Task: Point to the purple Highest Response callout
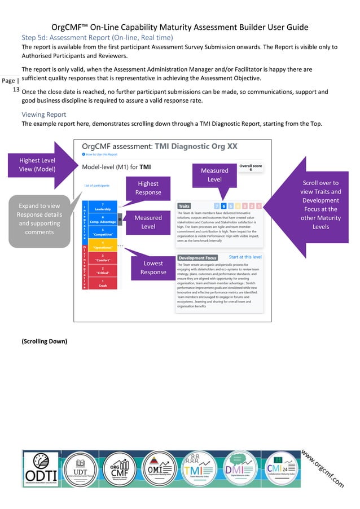tap(148, 188)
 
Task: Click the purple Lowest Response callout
tap(152, 267)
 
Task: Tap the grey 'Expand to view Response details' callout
tap(39, 220)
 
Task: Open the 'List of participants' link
tap(96, 185)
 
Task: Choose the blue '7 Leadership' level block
tap(102, 207)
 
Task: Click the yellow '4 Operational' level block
tap(102, 245)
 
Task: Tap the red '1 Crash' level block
tap(102, 284)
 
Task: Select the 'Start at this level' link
tap(245, 257)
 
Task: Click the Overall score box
tap(250, 168)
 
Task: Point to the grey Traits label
tap(185, 206)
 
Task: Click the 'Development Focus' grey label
tap(197, 258)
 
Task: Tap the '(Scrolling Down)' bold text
tap(45, 341)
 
